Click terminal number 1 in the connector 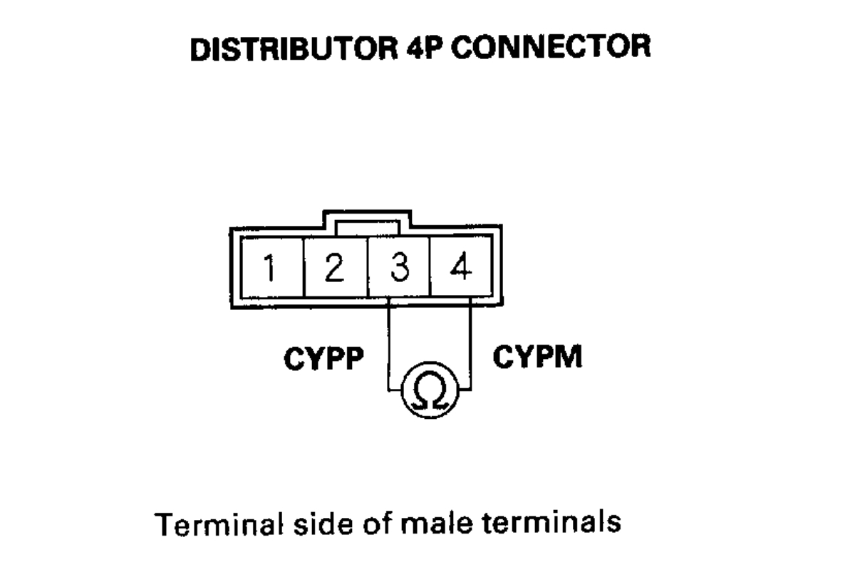[271, 269]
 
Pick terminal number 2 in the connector [335, 269]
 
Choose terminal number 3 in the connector [399, 269]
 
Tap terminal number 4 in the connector [461, 269]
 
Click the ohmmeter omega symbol [430, 389]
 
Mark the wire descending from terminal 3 [388, 342]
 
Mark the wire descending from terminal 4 [471, 342]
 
